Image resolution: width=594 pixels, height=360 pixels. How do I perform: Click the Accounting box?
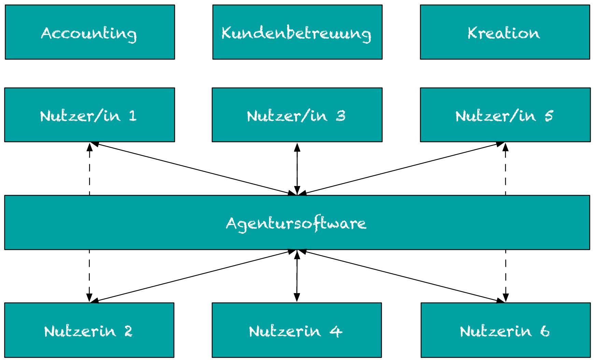(90, 32)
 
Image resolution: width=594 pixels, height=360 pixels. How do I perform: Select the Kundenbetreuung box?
(297, 32)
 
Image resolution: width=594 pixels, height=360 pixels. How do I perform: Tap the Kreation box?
(505, 32)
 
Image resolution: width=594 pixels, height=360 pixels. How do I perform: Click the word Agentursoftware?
(296, 224)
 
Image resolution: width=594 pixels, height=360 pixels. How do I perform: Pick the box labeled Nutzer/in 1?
(89, 115)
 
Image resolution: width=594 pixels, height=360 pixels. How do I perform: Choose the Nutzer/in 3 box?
(297, 115)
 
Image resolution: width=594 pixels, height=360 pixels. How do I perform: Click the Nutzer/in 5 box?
(505, 115)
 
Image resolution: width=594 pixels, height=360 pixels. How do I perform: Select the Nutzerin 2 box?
(89, 330)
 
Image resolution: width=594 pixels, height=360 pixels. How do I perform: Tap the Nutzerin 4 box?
(296, 330)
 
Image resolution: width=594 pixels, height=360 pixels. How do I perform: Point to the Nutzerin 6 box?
(505, 330)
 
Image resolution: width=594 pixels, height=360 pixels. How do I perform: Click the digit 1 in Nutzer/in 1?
(133, 116)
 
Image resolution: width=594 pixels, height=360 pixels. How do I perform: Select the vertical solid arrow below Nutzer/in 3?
(297, 169)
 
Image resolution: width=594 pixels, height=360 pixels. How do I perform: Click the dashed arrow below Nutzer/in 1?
(89, 169)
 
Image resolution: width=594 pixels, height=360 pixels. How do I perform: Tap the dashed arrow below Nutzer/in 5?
(505, 169)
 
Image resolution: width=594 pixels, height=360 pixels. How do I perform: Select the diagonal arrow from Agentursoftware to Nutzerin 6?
(401, 276)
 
